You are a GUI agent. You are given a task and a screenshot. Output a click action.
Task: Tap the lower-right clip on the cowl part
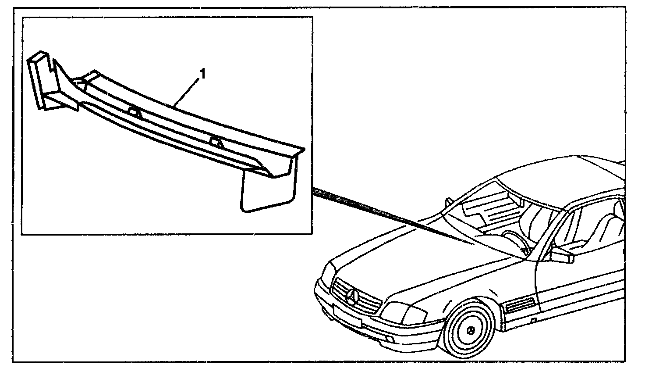[215, 141]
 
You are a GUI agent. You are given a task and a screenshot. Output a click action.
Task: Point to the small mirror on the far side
[449, 202]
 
